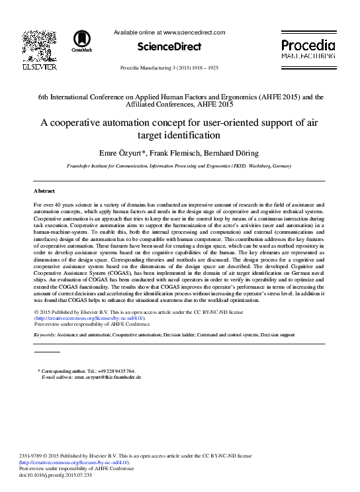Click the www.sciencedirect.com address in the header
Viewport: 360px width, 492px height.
coord(194,32)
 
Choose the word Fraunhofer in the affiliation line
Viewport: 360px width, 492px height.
coord(83,168)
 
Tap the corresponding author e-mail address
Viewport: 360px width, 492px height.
coord(107,377)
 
